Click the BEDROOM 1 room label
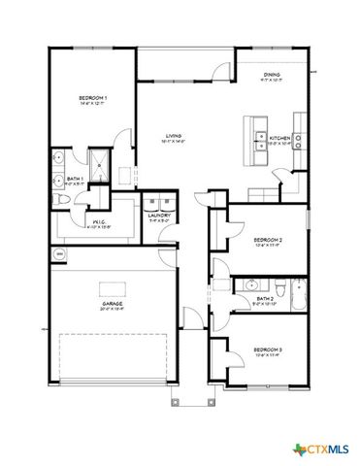point(93,99)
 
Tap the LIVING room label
point(175,137)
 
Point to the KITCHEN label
point(278,139)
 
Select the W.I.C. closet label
point(101,224)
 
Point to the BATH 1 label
point(73,179)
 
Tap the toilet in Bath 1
point(62,200)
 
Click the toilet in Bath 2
point(279,288)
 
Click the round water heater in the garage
point(59,254)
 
